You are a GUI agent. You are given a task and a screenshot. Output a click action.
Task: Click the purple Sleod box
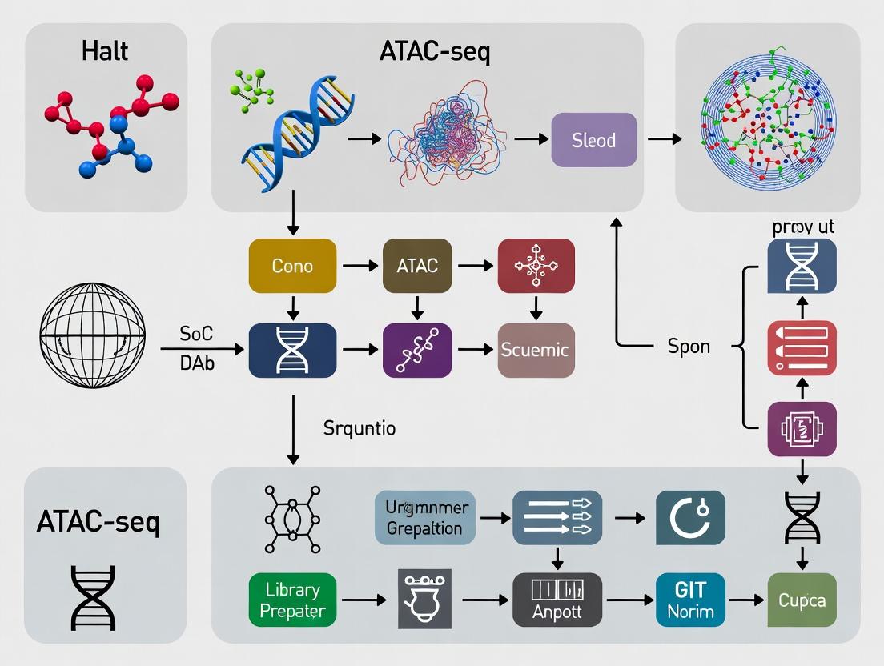[x=594, y=140]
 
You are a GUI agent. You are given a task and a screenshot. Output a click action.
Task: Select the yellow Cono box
[x=292, y=266]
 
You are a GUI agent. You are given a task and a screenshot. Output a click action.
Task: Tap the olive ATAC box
[x=417, y=266]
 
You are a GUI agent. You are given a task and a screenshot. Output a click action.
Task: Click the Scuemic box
[x=535, y=350]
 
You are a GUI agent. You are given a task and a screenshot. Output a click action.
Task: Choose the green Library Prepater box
[x=292, y=600]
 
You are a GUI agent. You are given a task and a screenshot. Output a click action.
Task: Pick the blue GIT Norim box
[x=690, y=600]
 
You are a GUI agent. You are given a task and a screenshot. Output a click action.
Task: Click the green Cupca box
[x=802, y=600]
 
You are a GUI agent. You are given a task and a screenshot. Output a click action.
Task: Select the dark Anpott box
[x=557, y=600]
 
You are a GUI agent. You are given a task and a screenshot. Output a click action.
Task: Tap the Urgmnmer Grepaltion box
[x=424, y=518]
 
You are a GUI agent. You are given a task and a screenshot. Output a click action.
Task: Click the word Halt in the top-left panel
[x=105, y=52]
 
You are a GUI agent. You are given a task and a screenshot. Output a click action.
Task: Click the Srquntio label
[x=360, y=428]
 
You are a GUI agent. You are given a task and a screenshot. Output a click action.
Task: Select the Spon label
[x=689, y=347]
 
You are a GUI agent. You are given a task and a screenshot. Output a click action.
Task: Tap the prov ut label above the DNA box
[x=803, y=227]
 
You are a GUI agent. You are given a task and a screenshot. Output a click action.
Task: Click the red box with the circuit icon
[x=536, y=266]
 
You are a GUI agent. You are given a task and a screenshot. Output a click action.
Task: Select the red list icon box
[x=802, y=348]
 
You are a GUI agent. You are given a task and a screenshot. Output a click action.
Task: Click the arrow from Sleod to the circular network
[x=664, y=140]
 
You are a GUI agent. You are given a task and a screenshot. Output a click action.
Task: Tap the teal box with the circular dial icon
[x=690, y=518]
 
